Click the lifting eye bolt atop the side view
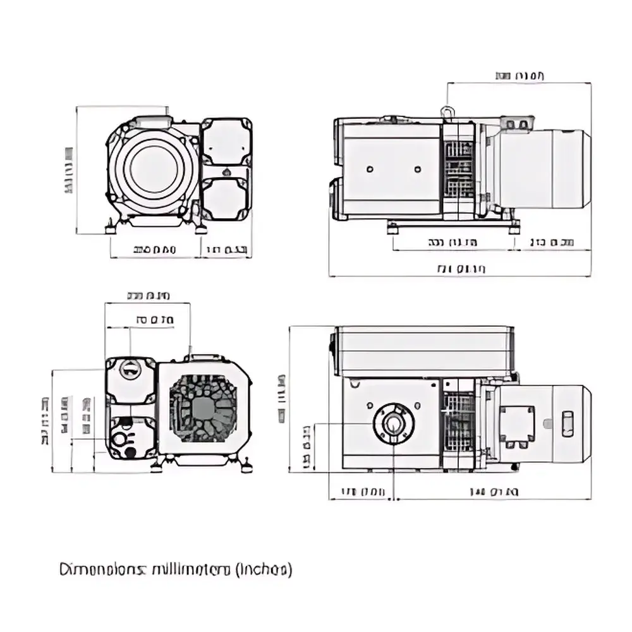click(x=448, y=112)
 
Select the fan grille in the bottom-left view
click(x=203, y=408)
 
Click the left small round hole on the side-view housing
click(x=369, y=169)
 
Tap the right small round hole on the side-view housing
click(x=417, y=169)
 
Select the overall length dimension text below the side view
click(x=461, y=270)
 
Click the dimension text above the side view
click(x=520, y=76)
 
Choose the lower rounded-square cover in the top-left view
click(x=226, y=198)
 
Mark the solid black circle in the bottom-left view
click(x=131, y=452)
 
